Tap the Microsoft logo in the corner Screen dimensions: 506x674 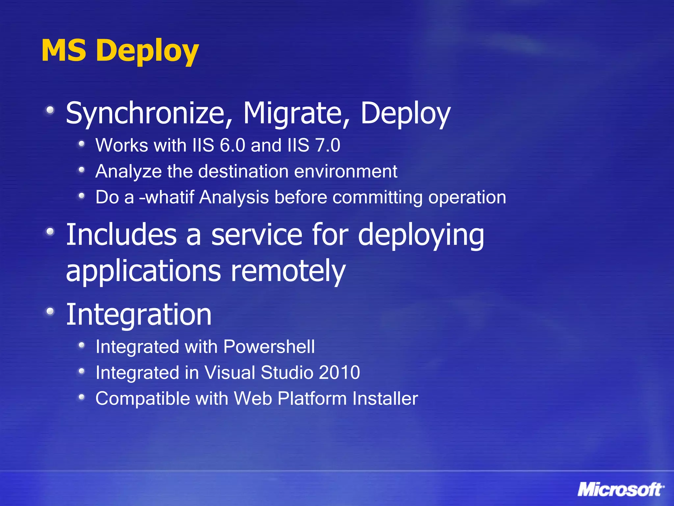620,490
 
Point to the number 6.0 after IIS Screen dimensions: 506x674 232,145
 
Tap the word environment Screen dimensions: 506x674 346,171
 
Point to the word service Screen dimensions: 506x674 256,235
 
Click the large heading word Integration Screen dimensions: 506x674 139,315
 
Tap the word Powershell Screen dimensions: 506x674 269,347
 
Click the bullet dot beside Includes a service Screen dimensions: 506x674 50,232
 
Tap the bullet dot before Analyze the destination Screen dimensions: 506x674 82,170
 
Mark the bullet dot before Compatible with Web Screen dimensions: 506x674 82,397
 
